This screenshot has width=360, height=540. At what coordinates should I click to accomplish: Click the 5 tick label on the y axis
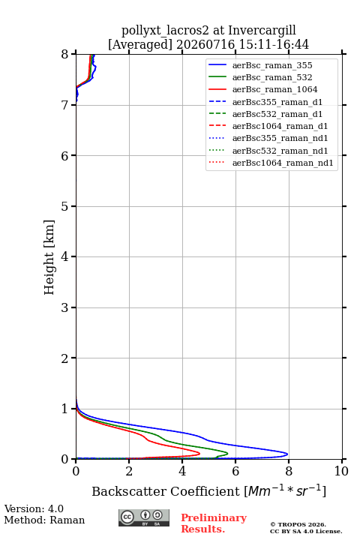[64, 206]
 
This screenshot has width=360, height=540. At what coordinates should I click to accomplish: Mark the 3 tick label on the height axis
[64, 307]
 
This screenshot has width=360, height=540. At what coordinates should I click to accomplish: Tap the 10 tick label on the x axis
[341, 471]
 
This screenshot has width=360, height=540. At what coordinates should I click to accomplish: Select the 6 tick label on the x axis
[235, 471]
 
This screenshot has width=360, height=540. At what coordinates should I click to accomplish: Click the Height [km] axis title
[49, 257]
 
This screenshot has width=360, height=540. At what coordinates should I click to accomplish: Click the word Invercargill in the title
[262, 31]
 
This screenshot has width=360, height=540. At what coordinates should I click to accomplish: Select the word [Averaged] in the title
[139, 45]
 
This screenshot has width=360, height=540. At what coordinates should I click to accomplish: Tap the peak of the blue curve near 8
[287, 454]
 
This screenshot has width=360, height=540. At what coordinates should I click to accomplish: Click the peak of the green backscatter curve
[227, 453]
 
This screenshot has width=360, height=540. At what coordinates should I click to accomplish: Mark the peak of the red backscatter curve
[199, 453]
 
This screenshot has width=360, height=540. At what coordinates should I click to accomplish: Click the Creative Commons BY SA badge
[144, 518]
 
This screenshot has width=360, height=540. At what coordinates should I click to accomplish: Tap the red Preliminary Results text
[214, 523]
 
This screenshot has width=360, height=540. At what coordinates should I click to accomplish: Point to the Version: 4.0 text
[34, 508]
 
